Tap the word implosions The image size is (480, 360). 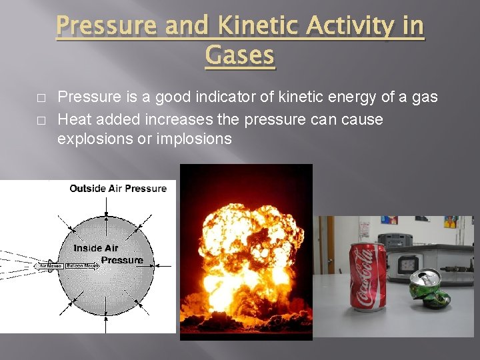(194, 139)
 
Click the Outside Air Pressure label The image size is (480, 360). (118, 189)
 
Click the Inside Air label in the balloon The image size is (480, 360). (96, 248)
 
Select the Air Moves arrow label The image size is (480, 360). (51, 266)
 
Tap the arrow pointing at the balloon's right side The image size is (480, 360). (163, 266)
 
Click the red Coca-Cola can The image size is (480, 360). (368, 277)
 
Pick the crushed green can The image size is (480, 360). (430, 288)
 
